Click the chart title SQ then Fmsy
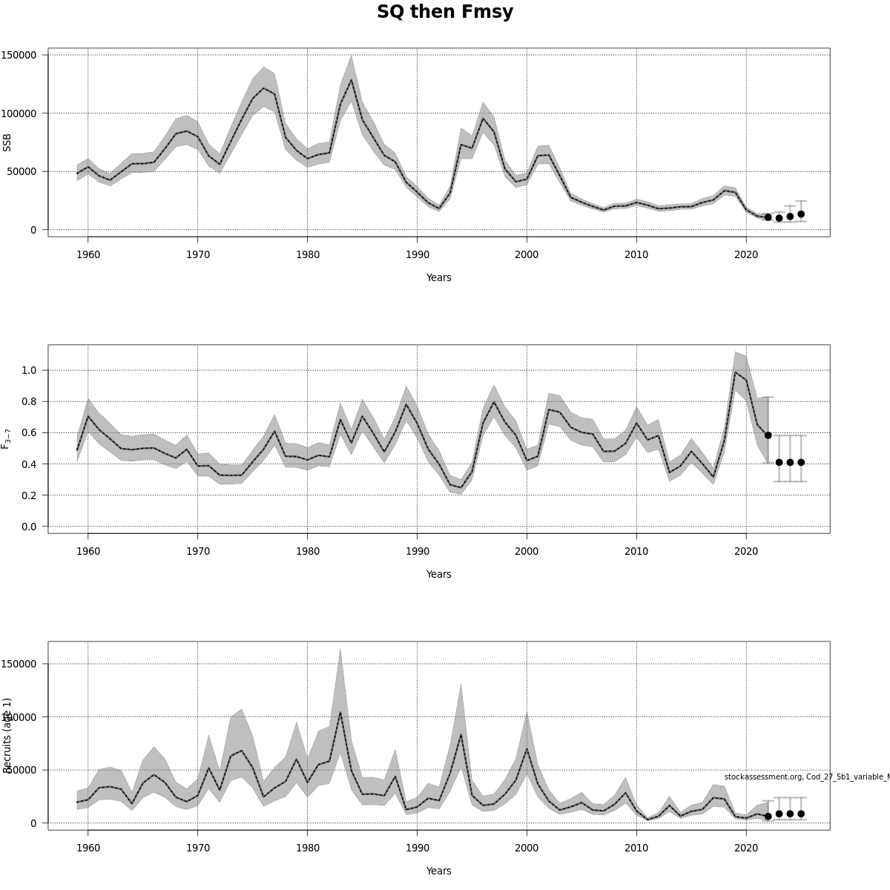(x=445, y=13)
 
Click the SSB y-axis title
(x=7, y=142)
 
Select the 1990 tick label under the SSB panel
(x=417, y=254)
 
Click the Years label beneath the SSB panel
(x=438, y=277)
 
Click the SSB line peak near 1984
(x=351, y=80)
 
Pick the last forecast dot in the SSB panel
(x=801, y=214)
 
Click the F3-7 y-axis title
(x=7, y=438)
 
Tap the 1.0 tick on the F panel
(x=29, y=370)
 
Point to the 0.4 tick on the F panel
(x=29, y=464)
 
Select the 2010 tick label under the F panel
(x=636, y=551)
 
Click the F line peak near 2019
(x=735, y=372)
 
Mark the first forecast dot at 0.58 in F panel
(x=768, y=435)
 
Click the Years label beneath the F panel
(x=438, y=574)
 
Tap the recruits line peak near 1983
(x=340, y=713)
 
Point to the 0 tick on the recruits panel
(x=33, y=823)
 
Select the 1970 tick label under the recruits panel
(x=197, y=848)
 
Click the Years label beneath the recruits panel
(x=438, y=871)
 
